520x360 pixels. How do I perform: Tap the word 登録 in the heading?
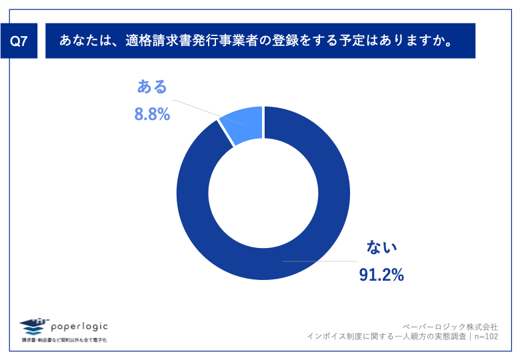(x=280, y=41)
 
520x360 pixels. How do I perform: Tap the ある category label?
(x=152, y=87)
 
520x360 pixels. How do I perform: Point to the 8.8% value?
(x=152, y=115)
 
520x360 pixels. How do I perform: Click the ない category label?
(x=382, y=247)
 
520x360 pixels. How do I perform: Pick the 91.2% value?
(x=381, y=275)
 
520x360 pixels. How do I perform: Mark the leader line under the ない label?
(x=320, y=261)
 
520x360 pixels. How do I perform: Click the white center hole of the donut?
(x=263, y=193)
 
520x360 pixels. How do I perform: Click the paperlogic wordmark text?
(x=79, y=326)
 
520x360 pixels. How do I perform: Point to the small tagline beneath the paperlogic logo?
(x=64, y=340)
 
